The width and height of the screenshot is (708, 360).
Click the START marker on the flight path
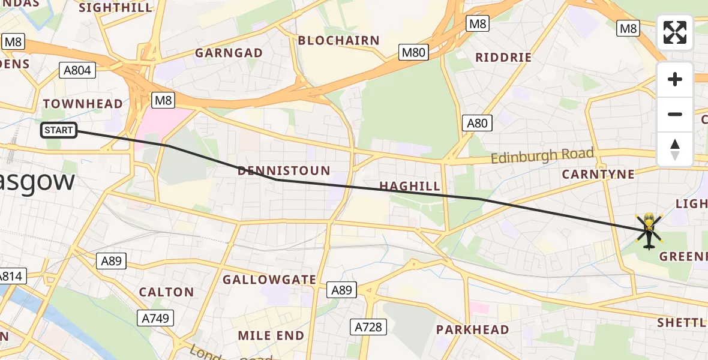[59, 130]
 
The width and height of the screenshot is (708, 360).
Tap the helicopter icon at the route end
[649, 231]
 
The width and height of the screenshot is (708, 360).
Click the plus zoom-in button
[675, 79]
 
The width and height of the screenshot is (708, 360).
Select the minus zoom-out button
[675, 114]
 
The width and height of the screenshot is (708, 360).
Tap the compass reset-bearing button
[675, 149]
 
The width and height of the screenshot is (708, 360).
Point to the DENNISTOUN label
[284, 171]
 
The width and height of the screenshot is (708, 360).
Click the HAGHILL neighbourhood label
[410, 187]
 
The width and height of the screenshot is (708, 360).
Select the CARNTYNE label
[598, 175]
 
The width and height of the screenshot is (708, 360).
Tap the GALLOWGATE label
[269, 280]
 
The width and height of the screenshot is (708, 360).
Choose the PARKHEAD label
[472, 329]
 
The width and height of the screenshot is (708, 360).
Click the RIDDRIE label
[503, 58]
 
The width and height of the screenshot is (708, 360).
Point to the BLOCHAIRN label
[339, 41]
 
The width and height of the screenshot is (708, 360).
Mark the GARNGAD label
[229, 53]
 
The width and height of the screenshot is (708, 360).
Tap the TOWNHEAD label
[83, 104]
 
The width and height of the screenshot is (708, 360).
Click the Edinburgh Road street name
[542, 156]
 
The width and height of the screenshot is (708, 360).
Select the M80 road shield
[413, 52]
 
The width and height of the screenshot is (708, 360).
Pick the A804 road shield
[77, 70]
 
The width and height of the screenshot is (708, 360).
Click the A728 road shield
[368, 327]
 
